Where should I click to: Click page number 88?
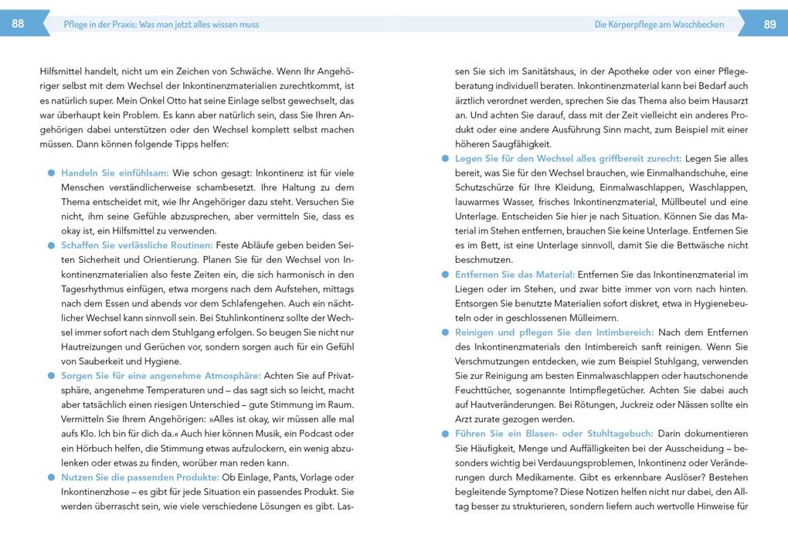(18, 24)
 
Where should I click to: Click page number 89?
(769, 24)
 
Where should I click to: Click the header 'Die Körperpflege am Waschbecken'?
(659, 25)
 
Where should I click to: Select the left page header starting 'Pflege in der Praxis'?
(161, 25)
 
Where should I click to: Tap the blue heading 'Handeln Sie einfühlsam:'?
(115, 173)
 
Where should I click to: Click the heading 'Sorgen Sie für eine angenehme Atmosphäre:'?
(161, 376)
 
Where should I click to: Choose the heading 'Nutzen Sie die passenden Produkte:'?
(140, 477)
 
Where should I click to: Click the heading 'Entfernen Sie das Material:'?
(515, 275)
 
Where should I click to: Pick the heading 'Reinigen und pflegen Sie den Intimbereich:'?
(555, 333)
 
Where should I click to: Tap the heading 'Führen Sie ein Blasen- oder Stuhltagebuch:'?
(555, 434)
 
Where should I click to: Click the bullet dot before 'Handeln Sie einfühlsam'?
(52, 173)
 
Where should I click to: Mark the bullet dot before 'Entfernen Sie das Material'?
(446, 275)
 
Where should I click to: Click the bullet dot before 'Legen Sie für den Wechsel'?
(446, 159)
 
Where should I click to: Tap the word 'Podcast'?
(318, 434)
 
